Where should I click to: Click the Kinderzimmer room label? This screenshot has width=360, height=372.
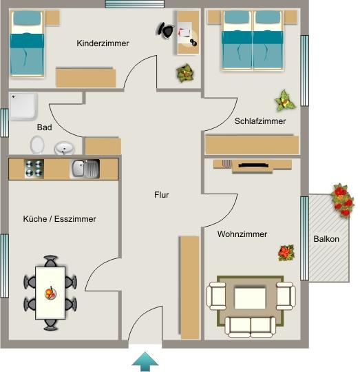click(x=103, y=43)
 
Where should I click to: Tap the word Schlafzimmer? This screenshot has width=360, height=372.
click(x=260, y=121)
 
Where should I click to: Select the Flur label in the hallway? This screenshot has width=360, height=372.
click(x=161, y=195)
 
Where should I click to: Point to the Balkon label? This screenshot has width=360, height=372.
click(x=326, y=239)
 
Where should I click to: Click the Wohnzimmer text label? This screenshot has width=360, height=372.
click(x=242, y=234)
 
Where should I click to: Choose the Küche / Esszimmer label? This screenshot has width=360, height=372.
click(x=59, y=219)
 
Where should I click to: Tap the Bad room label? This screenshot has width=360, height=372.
click(x=44, y=127)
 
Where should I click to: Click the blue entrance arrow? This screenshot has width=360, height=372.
click(x=145, y=360)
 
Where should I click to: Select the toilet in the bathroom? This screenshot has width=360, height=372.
click(x=37, y=145)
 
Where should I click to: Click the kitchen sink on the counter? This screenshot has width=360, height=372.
click(x=85, y=168)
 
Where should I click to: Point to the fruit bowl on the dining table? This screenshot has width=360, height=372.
click(x=50, y=293)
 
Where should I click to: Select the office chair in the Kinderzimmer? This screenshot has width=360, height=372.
click(x=166, y=30)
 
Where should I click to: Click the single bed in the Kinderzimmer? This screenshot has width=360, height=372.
click(x=27, y=46)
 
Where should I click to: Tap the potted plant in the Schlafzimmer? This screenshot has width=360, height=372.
click(x=284, y=101)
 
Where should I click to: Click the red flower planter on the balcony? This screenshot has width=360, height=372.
click(x=341, y=200)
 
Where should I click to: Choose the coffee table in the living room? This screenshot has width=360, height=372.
click(x=250, y=298)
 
